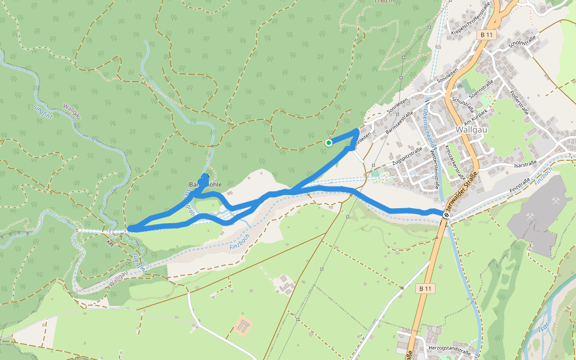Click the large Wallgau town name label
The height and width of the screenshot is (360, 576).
[472, 128]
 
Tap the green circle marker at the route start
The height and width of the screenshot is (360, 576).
[329, 143]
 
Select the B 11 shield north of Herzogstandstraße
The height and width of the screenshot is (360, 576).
[425, 289]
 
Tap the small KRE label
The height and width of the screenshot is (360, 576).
[110, 244]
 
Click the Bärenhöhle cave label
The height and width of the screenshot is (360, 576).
[205, 184]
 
